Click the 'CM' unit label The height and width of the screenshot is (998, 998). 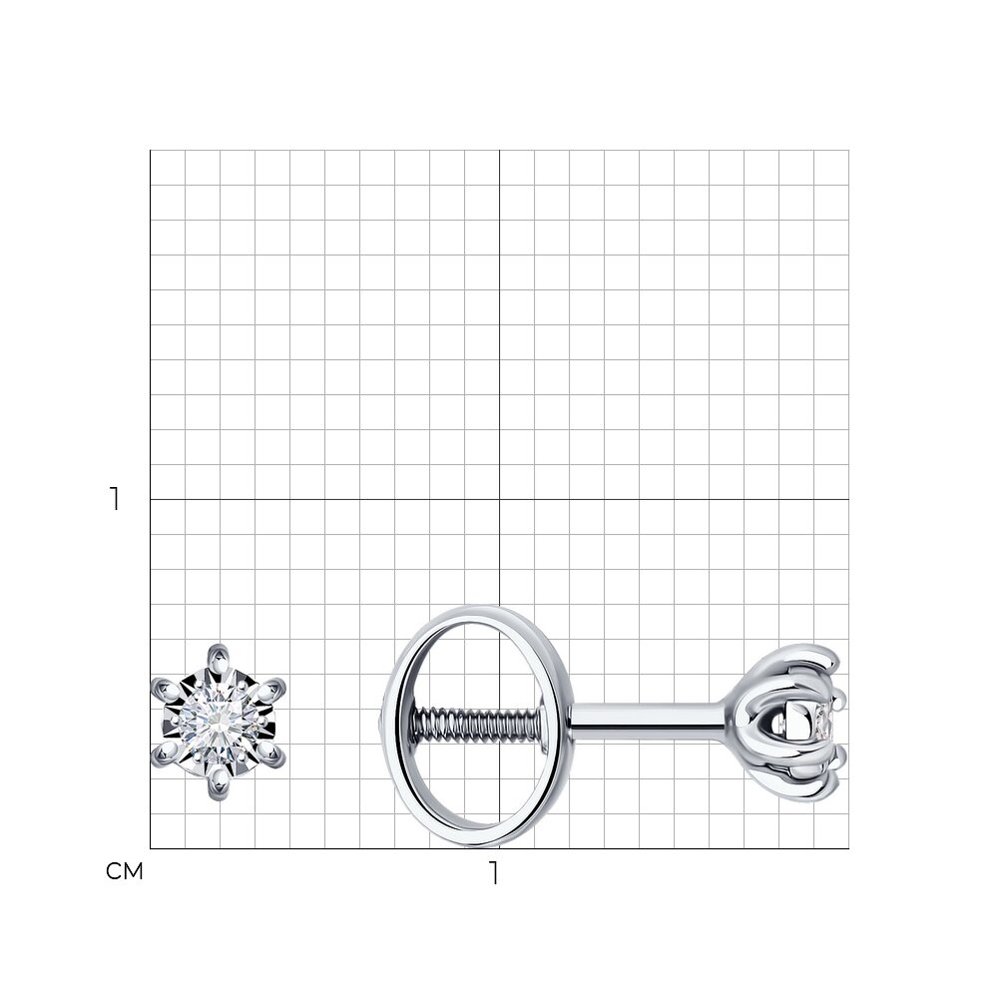(x=124, y=871)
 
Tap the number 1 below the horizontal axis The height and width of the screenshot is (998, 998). (x=493, y=872)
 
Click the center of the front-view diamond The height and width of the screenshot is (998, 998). (x=219, y=722)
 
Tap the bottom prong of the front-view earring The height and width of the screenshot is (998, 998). (x=219, y=784)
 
